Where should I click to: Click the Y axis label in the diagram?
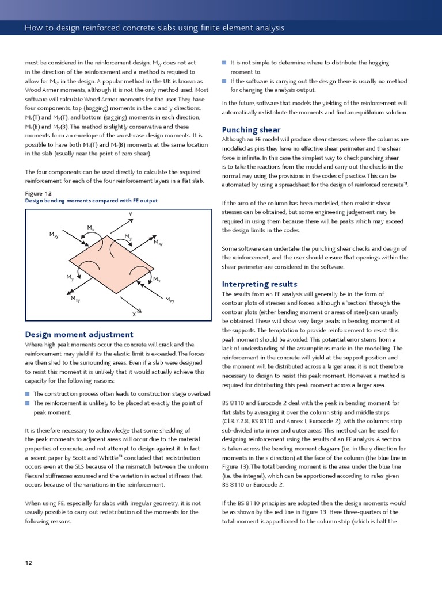point(131,214)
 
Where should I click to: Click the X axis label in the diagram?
point(134,315)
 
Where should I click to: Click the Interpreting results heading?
point(260,284)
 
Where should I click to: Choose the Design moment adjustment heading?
point(79,334)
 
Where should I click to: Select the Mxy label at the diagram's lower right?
point(170,300)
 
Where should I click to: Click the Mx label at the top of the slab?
point(91,228)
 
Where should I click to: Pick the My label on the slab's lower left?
point(69,277)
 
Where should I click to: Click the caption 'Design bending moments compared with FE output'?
point(92,201)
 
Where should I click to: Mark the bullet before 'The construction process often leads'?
point(28,393)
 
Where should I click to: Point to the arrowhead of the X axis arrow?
point(134,308)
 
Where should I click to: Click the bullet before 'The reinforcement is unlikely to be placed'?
point(28,403)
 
